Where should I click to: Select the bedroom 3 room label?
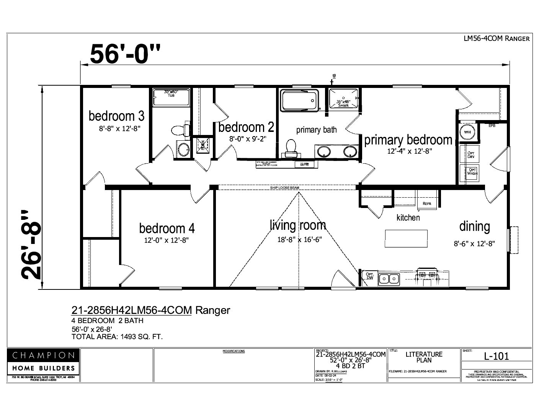click(116, 115)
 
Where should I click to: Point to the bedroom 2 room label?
click(246, 127)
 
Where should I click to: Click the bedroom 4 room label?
click(167, 228)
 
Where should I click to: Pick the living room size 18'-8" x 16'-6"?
click(299, 240)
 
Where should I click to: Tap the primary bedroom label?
click(408, 140)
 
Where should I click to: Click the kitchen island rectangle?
click(406, 239)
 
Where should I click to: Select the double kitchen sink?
click(389, 279)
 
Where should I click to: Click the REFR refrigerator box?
click(427, 203)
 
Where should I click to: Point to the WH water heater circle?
click(467, 132)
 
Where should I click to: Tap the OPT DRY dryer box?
click(471, 155)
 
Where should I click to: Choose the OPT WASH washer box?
click(472, 171)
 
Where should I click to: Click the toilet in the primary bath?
click(291, 148)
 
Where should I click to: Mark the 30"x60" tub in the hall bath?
click(171, 97)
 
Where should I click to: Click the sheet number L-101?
click(497, 356)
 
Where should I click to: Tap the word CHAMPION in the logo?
click(43, 355)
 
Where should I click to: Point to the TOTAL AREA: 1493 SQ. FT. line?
click(117, 337)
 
